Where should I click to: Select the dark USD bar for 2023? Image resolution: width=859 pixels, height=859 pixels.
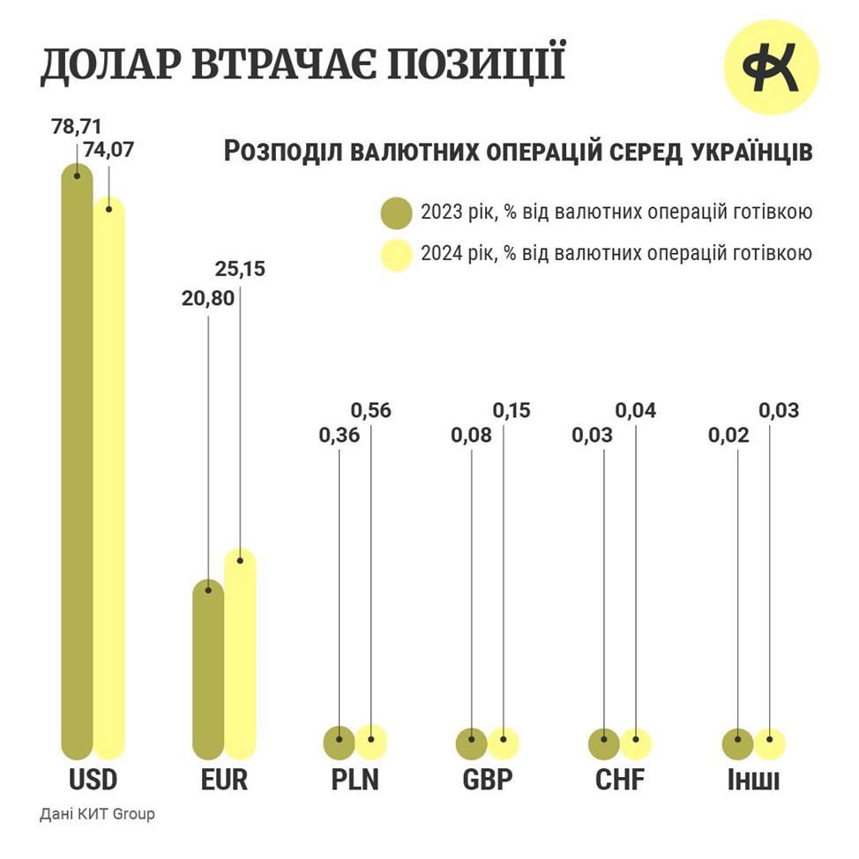tap(77, 459)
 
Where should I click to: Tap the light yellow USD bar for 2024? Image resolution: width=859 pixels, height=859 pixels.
tap(109, 476)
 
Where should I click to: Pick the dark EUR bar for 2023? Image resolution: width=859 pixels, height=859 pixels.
tap(208, 670)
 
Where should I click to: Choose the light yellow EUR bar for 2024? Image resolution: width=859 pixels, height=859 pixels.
tap(240, 653)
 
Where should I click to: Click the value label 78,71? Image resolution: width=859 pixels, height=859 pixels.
tap(77, 127)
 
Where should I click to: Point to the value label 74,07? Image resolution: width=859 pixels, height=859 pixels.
tap(108, 150)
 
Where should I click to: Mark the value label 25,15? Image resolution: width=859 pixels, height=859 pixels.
tap(240, 269)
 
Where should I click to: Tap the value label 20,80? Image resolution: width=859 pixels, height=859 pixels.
tap(209, 299)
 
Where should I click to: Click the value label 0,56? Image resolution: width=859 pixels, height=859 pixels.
tap(370, 410)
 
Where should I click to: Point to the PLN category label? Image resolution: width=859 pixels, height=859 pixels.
tap(355, 781)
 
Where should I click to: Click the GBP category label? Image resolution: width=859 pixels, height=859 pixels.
tap(487, 781)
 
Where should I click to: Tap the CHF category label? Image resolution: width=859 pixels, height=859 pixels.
tap(619, 781)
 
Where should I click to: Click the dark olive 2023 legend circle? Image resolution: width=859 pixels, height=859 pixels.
tap(397, 213)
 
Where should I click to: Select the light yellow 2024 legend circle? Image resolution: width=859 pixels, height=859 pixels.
tap(397, 255)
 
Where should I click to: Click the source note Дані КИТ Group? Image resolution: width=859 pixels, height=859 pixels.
tap(97, 814)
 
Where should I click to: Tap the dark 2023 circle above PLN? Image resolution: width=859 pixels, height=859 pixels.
tap(340, 743)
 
